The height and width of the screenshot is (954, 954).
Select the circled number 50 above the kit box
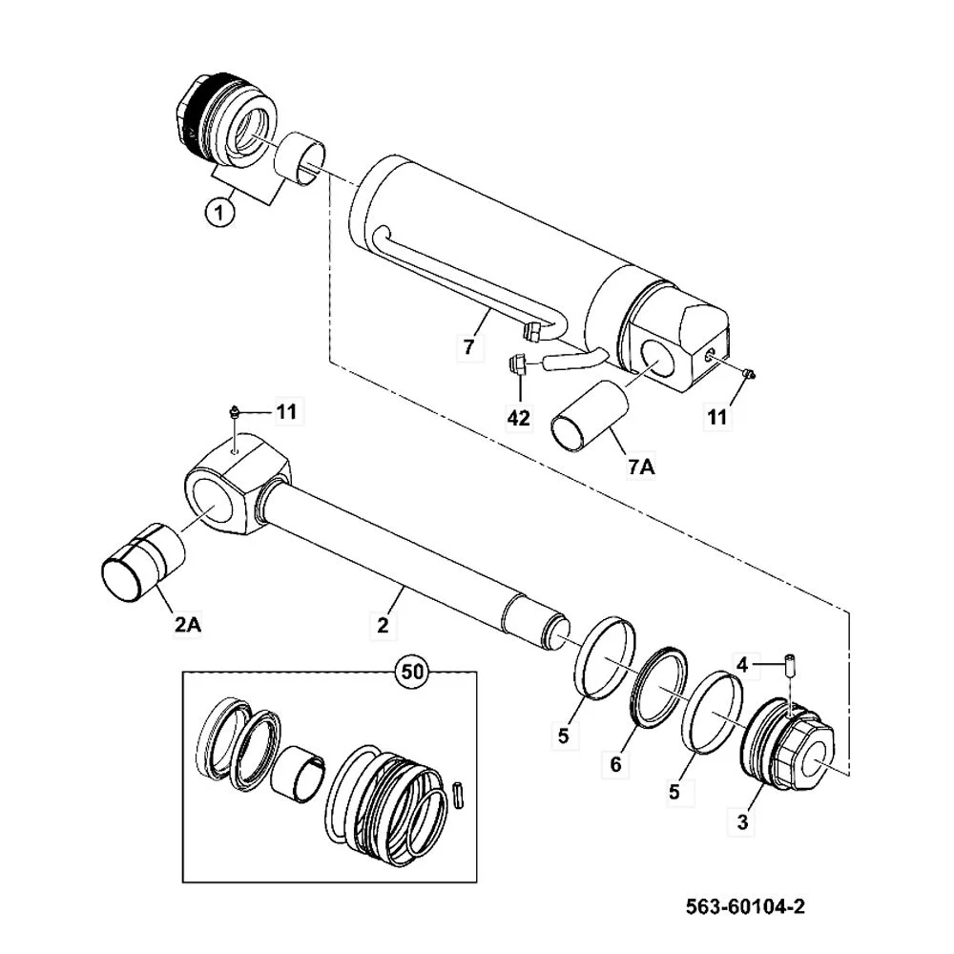[412, 672]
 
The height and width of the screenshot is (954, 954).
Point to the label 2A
[189, 626]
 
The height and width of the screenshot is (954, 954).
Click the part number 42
[518, 419]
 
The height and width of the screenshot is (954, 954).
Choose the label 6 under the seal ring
[615, 763]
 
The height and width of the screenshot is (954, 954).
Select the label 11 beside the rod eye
[286, 412]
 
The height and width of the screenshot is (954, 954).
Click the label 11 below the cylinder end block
[716, 418]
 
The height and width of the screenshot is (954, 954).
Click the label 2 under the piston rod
[382, 626]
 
